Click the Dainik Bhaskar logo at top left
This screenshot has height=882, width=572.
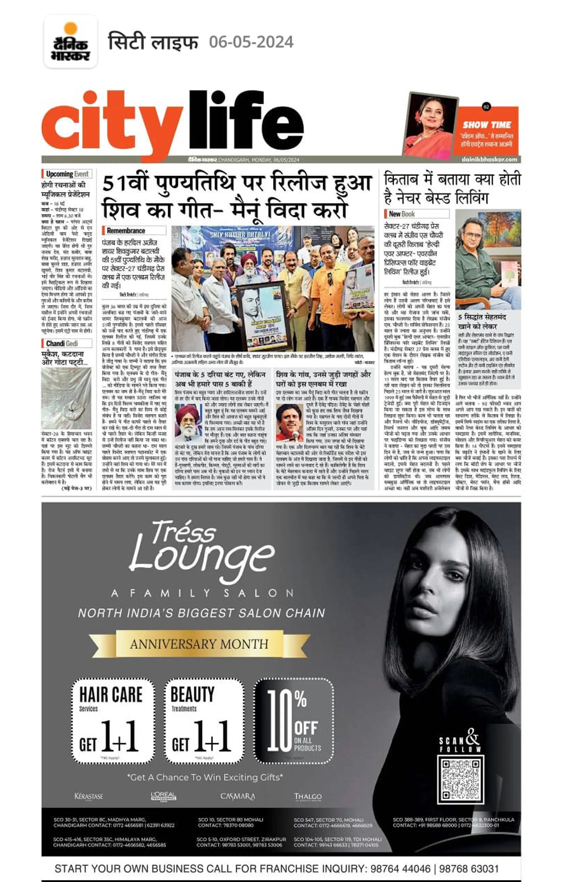click(70, 43)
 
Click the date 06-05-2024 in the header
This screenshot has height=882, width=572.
click(251, 43)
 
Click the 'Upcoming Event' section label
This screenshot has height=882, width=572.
click(67, 174)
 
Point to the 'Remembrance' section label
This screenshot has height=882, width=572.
click(126, 231)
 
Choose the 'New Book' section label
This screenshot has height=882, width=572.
click(402, 214)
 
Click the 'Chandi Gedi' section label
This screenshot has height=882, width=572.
click(62, 344)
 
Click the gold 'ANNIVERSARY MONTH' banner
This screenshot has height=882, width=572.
click(199, 644)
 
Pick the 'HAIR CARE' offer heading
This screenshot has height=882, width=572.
click(111, 695)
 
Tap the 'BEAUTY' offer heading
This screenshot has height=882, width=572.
click(193, 695)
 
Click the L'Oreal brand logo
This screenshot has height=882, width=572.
click(163, 796)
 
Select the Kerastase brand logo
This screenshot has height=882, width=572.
click(88, 796)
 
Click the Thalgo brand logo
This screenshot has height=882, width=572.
click(308, 796)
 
